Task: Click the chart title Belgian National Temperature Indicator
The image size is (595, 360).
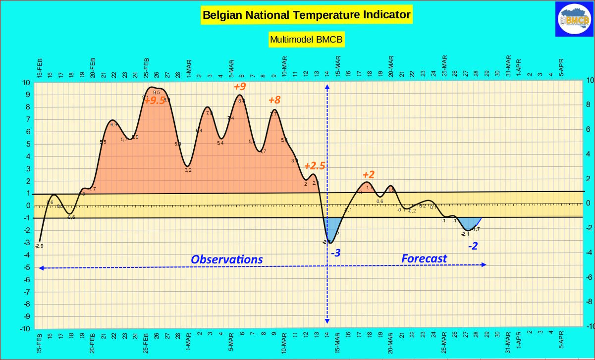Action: pyautogui.click(x=306, y=15)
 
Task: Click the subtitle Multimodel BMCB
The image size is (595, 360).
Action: pyautogui.click(x=306, y=39)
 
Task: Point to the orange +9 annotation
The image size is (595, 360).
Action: pyautogui.click(x=240, y=87)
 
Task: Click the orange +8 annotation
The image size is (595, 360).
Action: pyautogui.click(x=274, y=100)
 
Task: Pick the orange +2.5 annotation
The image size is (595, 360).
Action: pyautogui.click(x=315, y=166)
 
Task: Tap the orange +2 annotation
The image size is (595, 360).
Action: pyautogui.click(x=369, y=175)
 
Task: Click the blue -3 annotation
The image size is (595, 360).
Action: pyautogui.click(x=335, y=253)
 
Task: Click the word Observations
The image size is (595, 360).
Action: pyautogui.click(x=227, y=259)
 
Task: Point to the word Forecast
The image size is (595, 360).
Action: pyautogui.click(x=424, y=258)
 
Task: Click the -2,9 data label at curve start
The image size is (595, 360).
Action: pyautogui.click(x=39, y=246)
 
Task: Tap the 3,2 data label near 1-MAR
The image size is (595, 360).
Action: pyautogui.click(x=188, y=170)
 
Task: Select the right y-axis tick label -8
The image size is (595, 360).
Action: pyautogui.click(x=589, y=302)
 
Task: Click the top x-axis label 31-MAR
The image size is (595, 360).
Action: pyautogui.click(x=508, y=65)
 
